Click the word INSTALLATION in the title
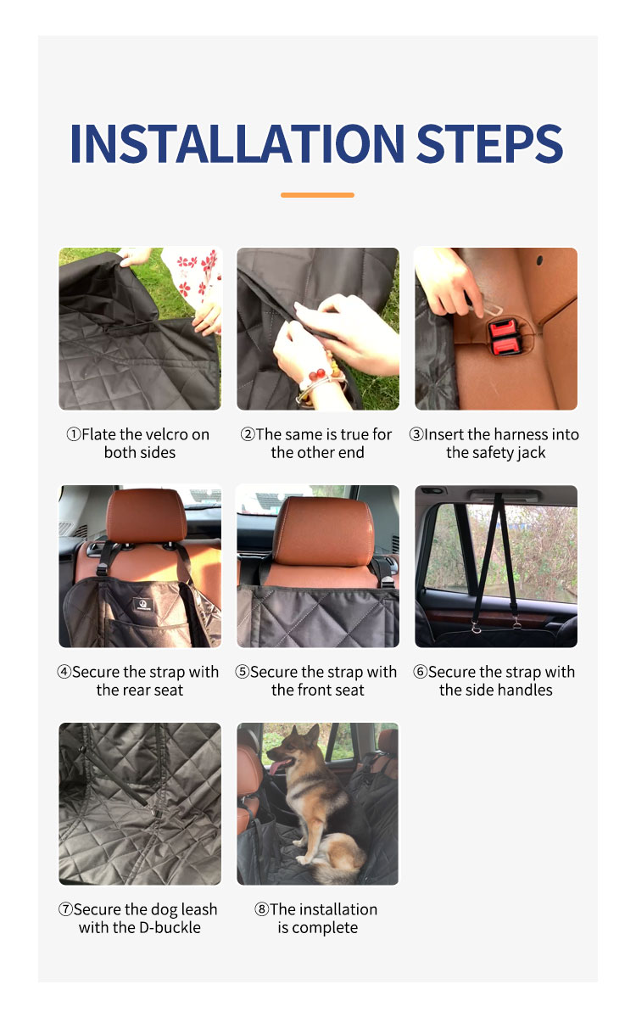(x=237, y=143)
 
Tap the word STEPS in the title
(x=489, y=143)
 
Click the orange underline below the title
(x=317, y=195)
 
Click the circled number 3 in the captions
(x=416, y=434)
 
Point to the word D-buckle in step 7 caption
(x=170, y=928)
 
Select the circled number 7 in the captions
(x=65, y=909)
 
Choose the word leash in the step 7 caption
(x=196, y=909)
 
